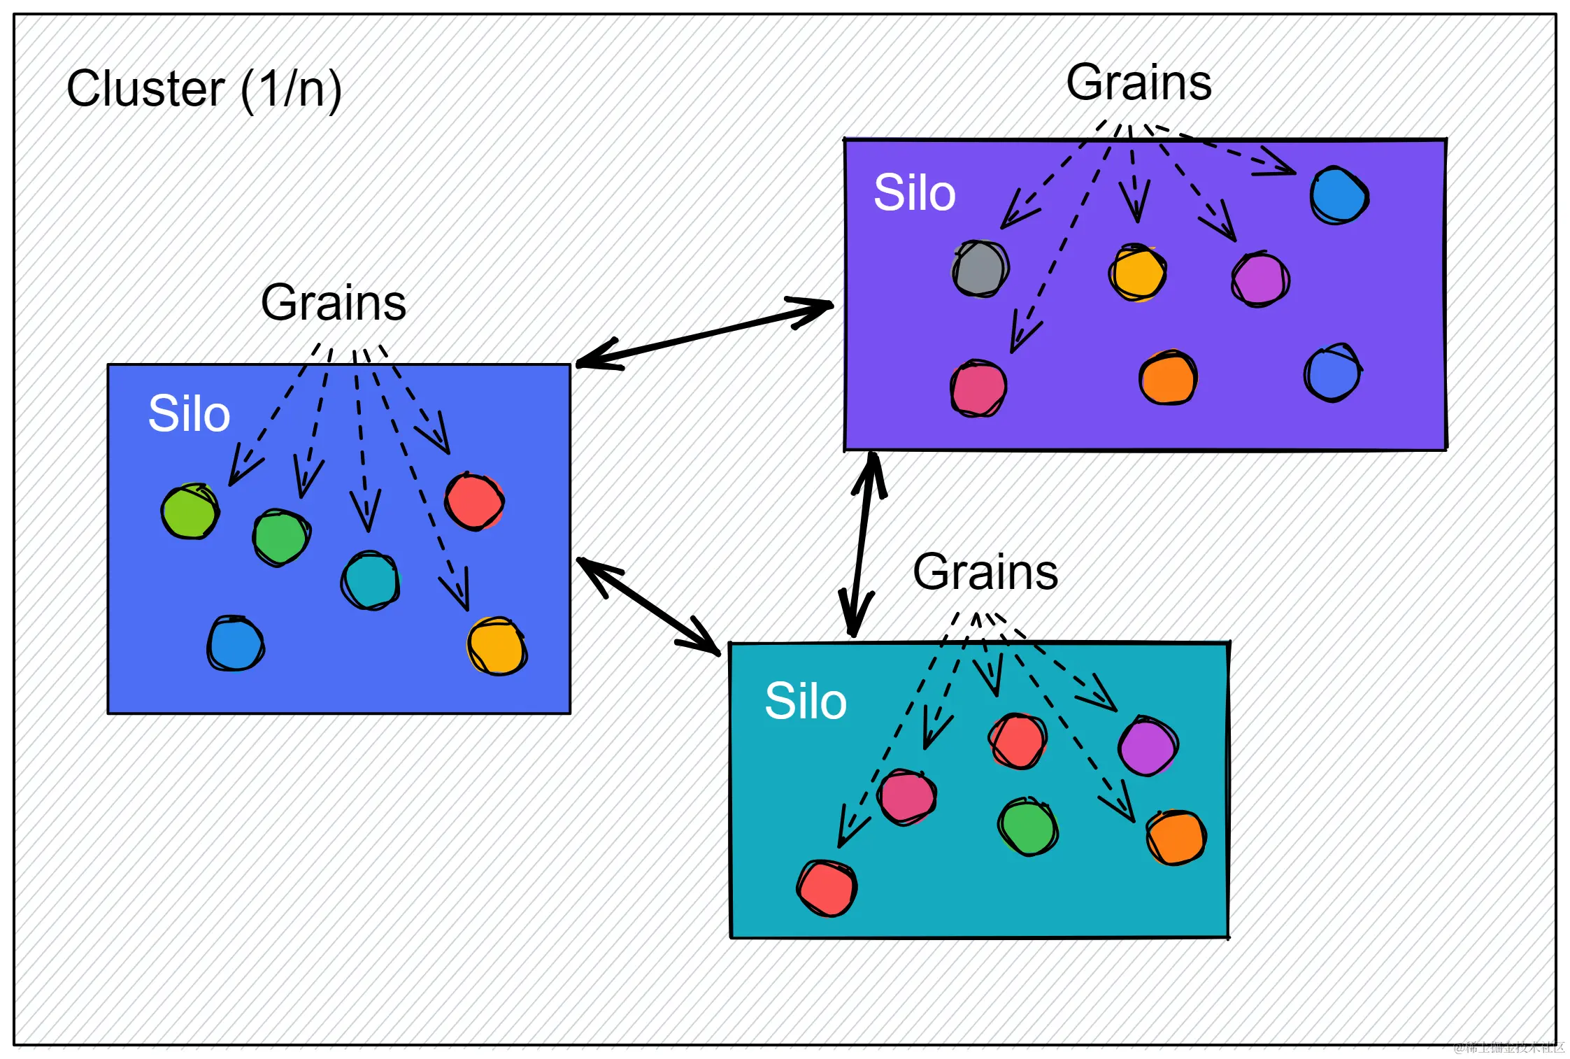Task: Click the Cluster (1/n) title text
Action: coord(204,90)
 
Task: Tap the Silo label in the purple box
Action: coord(914,192)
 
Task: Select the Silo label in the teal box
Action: coord(806,701)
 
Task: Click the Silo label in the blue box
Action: coord(189,413)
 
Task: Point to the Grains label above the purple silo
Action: coord(1139,83)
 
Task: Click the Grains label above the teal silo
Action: coord(985,572)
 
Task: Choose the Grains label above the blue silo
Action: coord(333,303)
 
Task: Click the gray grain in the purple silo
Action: coord(980,269)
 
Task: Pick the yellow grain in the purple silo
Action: coord(1137,273)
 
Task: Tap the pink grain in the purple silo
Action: coord(978,389)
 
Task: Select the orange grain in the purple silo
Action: coord(1168,378)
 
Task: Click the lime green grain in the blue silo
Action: coord(190,511)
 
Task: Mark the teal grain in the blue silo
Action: coord(370,581)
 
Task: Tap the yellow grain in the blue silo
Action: coord(497,646)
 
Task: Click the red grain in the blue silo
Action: coord(474,502)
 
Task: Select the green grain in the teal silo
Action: coord(1027,827)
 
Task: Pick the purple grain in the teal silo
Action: coord(1148,746)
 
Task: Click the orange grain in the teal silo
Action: coord(1176,837)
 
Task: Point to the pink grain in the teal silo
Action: coord(907,797)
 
